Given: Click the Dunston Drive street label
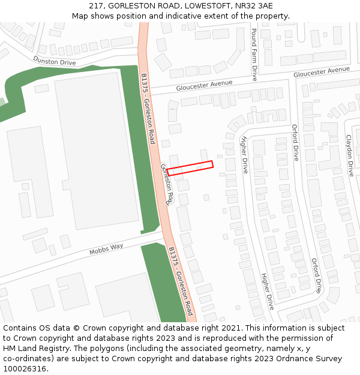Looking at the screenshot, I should click(55, 61).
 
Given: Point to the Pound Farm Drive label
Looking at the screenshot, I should click(254, 55).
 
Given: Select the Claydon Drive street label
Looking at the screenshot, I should click(349, 155).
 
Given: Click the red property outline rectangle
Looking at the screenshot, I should click(190, 167).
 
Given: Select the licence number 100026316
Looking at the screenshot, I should click(26, 369).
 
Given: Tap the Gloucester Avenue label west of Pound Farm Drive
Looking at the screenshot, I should click(204, 85).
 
